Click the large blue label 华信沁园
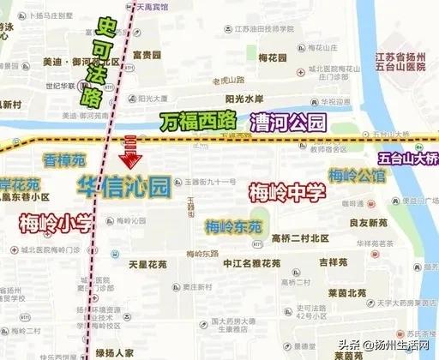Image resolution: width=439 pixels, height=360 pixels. coord(124,186)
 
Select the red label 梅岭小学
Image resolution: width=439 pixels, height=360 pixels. coord(54,225)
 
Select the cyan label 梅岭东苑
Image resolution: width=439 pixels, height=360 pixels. coord(227,227)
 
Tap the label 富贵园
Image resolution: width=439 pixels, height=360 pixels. coord(148,54)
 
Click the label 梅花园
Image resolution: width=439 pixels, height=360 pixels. coord(272,57)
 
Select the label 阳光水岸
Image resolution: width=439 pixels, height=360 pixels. coord(239,98)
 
